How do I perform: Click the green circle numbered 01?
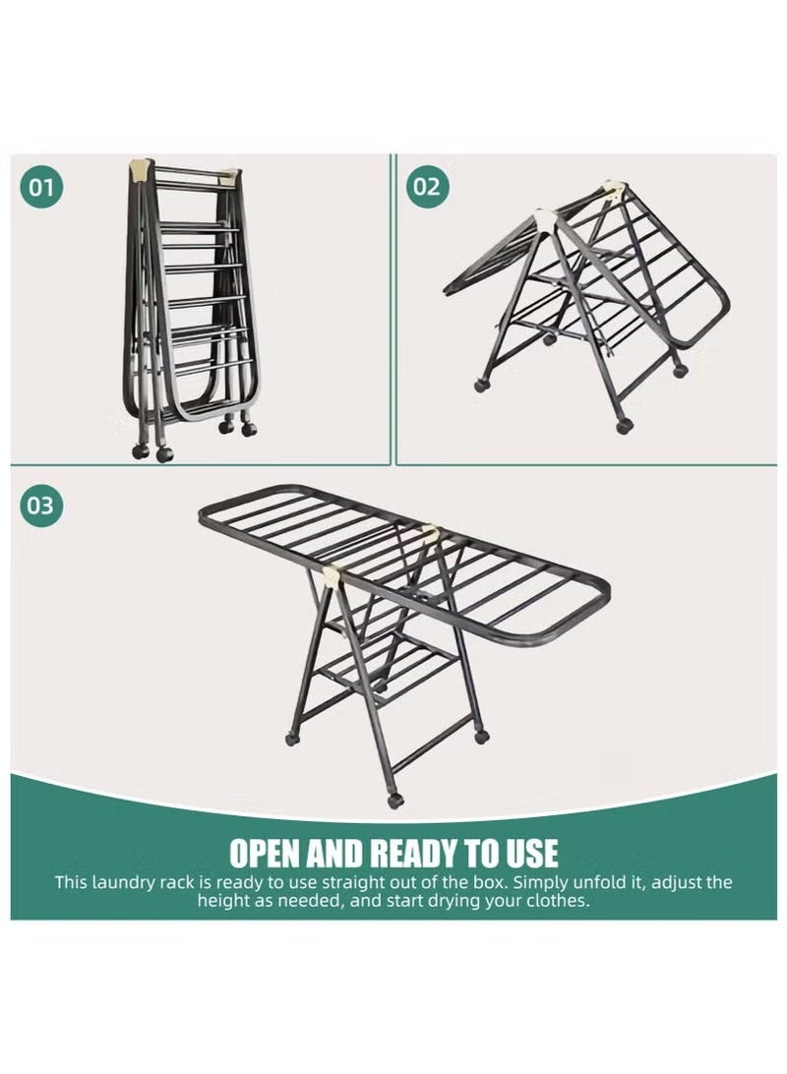coord(40,186)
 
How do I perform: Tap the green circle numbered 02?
coord(425,186)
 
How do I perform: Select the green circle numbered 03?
coord(40,506)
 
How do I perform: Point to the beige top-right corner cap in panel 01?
coord(232,177)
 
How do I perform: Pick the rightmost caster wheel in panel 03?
coord(481,736)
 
